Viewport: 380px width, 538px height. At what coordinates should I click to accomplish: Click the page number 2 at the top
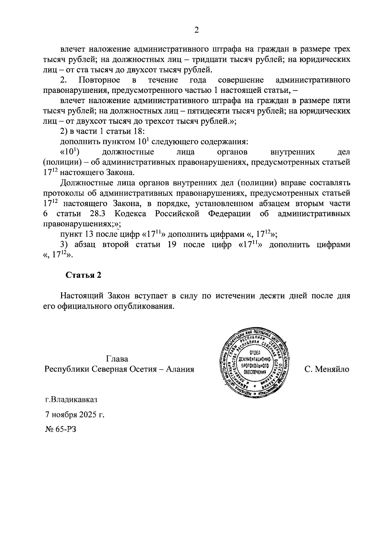click(x=196, y=30)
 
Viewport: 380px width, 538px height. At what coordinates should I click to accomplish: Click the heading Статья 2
click(x=83, y=275)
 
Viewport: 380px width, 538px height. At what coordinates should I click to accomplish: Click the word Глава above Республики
click(x=117, y=359)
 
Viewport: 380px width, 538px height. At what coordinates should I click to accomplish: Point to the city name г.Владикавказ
click(x=71, y=399)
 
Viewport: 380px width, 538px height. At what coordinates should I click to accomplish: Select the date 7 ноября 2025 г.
click(x=75, y=414)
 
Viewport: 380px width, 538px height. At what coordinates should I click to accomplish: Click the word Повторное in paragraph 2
click(x=99, y=80)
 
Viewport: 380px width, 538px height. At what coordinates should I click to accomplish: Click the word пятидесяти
click(x=208, y=111)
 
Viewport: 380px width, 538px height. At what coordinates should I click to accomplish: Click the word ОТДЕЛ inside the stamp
click(x=255, y=353)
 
